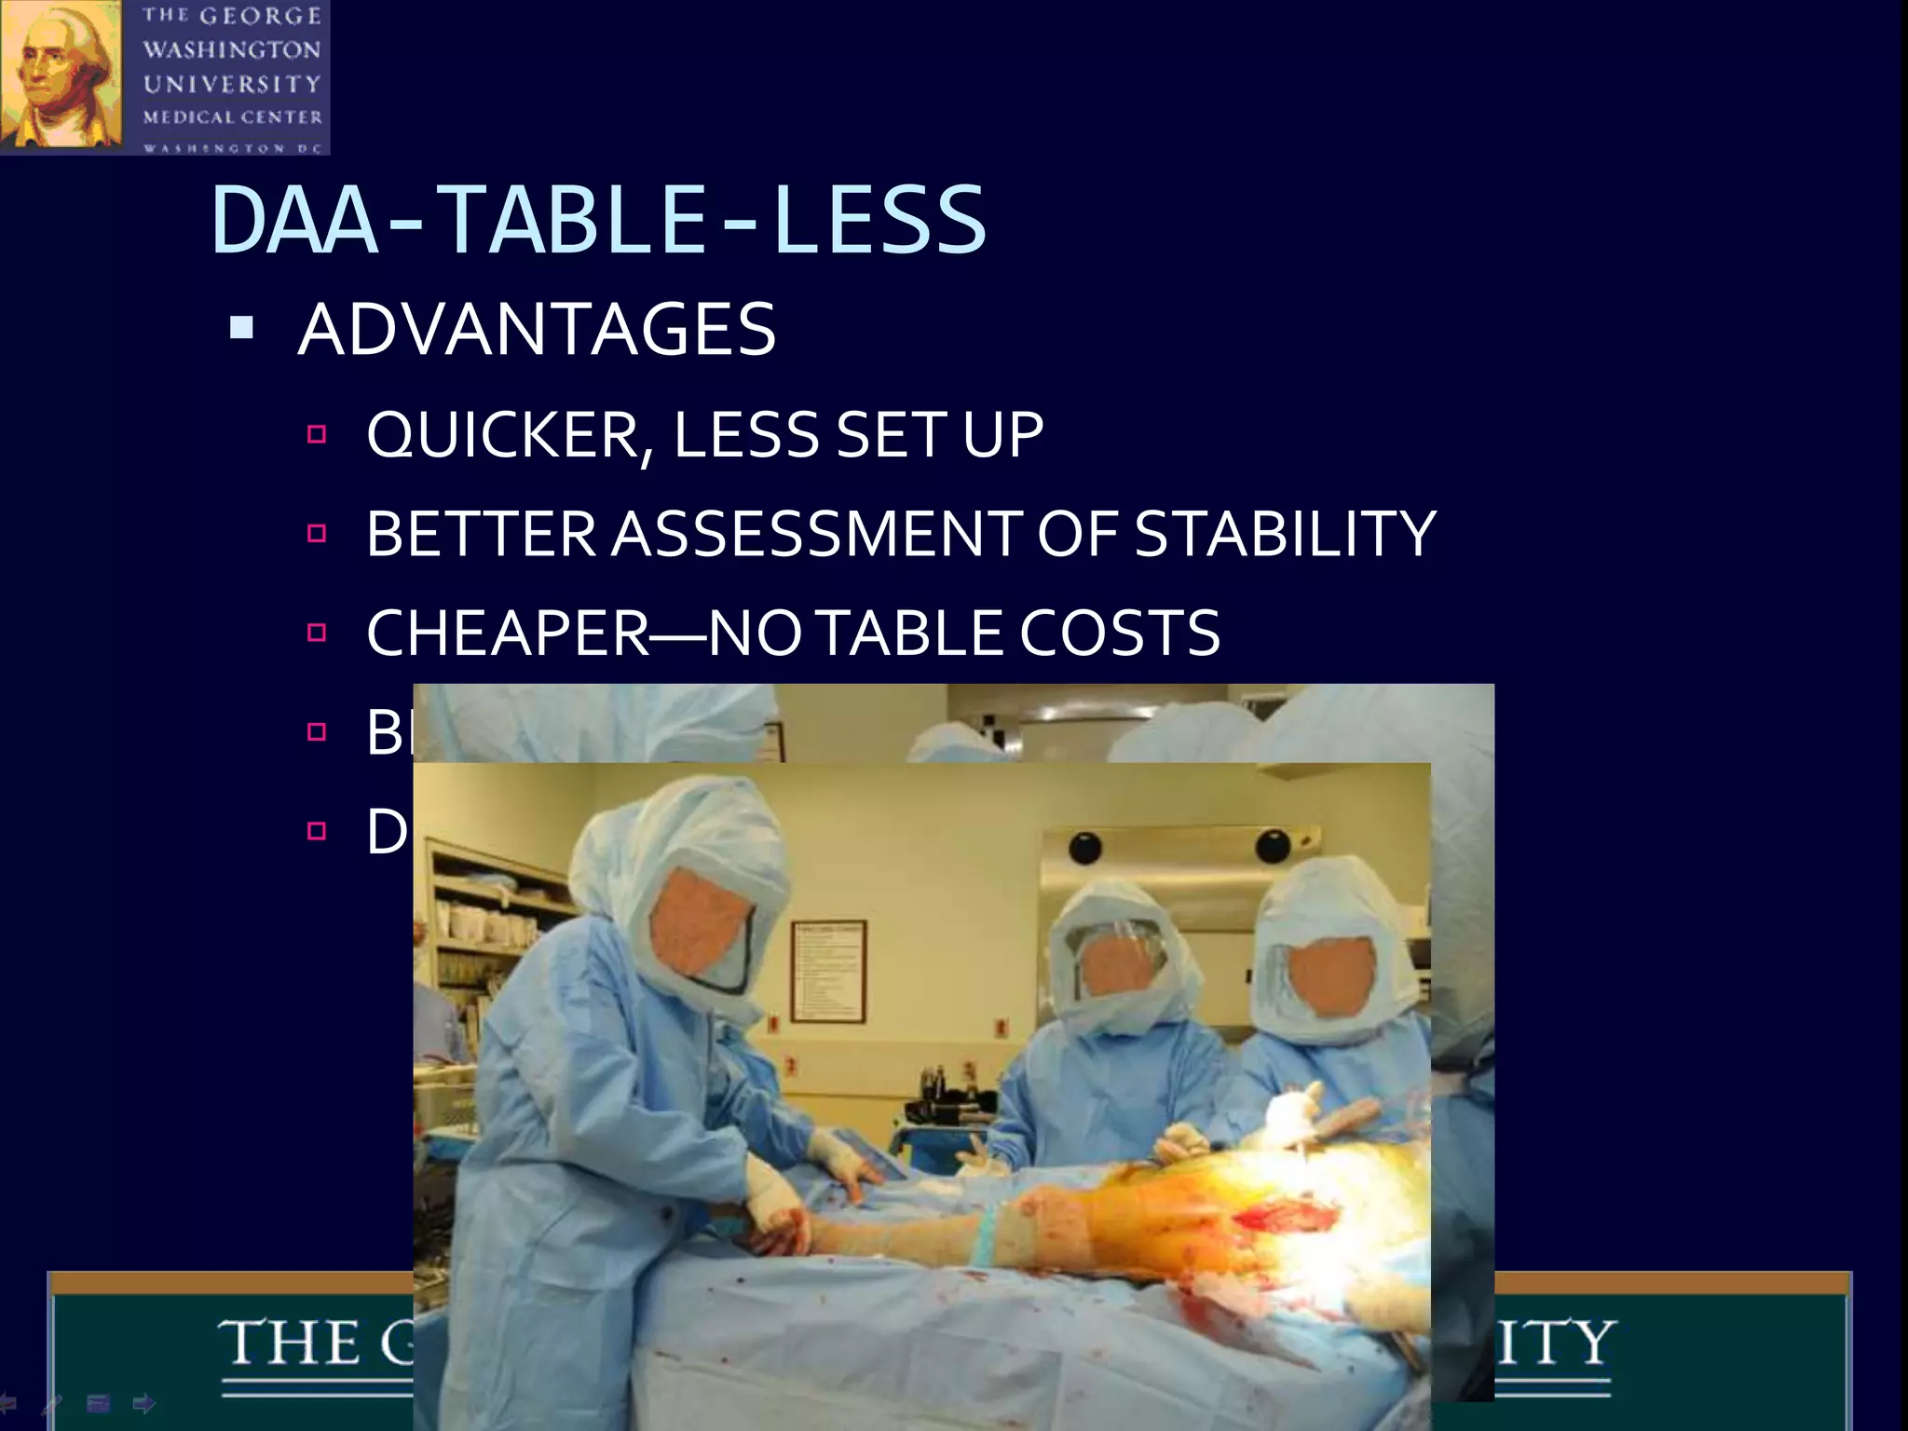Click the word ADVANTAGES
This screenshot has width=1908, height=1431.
point(537,330)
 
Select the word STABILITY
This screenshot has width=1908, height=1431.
point(1286,534)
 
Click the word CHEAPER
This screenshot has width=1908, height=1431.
point(508,634)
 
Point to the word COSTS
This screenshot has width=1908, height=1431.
point(1120,634)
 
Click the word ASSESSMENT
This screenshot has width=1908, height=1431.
point(816,534)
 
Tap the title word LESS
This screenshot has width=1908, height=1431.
point(879,221)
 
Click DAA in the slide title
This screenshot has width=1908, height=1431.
point(294,221)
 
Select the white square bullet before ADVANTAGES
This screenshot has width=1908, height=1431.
point(241,327)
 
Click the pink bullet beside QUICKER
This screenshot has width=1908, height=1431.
point(317,434)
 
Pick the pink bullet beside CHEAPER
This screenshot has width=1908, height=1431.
point(317,633)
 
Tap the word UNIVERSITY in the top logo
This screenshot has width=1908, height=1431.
point(232,84)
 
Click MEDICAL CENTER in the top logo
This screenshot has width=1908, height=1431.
point(232,117)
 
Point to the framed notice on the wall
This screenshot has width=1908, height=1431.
point(828,972)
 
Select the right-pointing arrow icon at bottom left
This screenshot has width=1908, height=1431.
point(144,1402)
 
